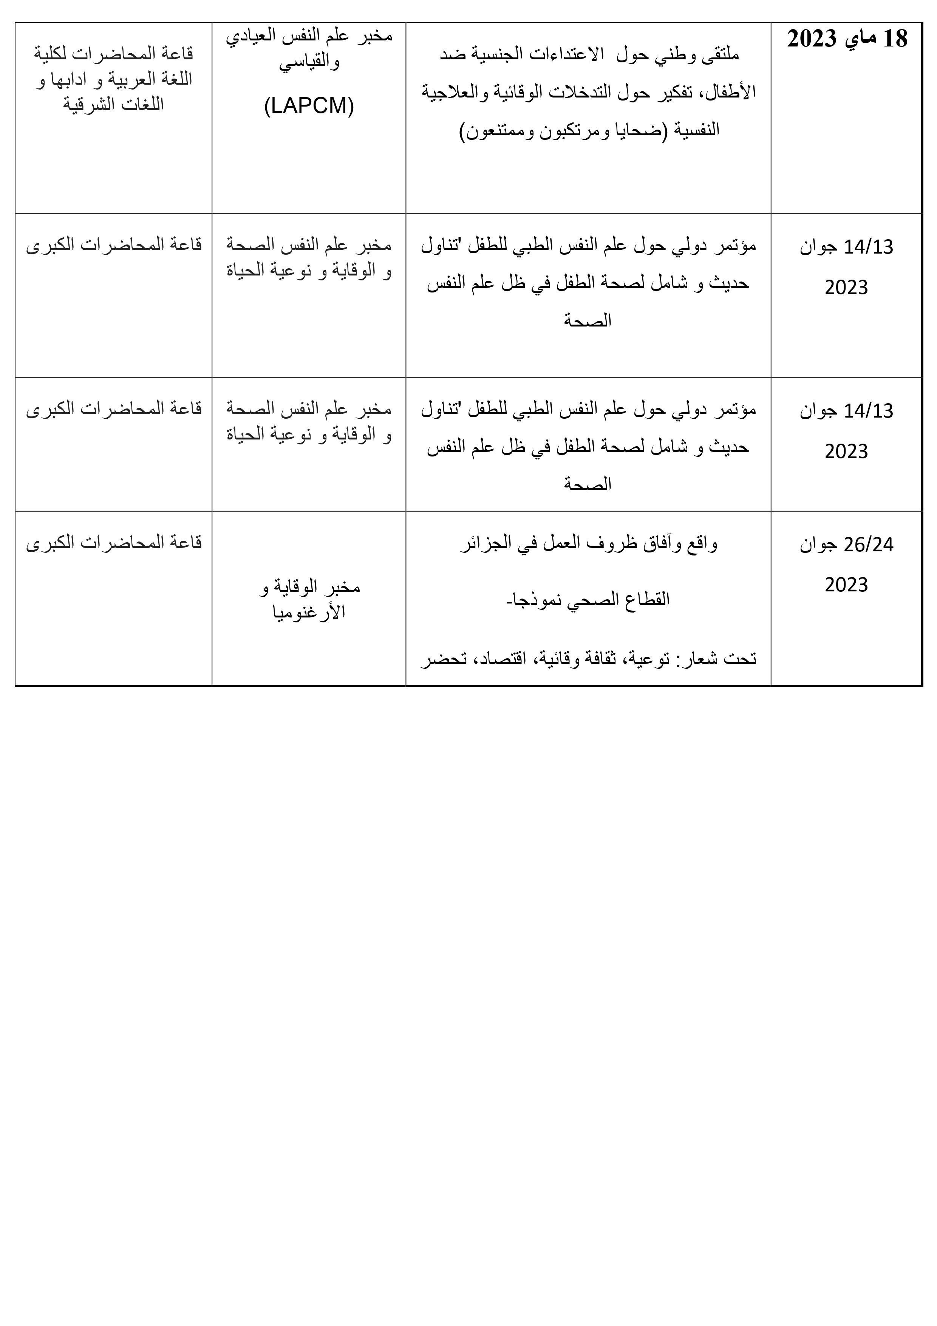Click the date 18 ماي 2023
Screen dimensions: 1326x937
pyautogui.click(x=847, y=39)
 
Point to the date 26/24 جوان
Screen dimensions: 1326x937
pyautogui.click(x=846, y=545)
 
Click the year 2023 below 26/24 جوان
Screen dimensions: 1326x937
pyautogui.click(x=846, y=585)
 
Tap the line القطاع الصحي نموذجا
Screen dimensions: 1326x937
pyautogui.click(x=588, y=599)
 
